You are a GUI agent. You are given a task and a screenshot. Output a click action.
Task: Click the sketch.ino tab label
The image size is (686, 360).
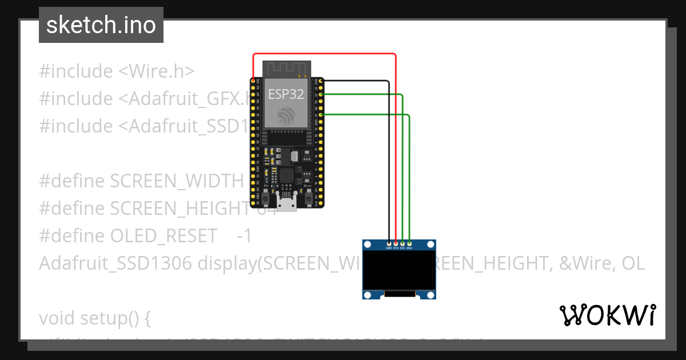tap(101, 25)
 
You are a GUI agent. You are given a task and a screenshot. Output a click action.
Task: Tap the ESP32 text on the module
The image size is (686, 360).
tap(286, 94)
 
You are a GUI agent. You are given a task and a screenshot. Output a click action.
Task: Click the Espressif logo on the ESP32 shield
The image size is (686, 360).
tap(286, 115)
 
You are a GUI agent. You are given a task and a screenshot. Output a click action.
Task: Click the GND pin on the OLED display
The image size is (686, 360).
tap(389, 244)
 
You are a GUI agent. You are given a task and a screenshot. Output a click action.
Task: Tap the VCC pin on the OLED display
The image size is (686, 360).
tap(396, 244)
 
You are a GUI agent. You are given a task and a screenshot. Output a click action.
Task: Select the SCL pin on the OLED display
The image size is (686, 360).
tap(403, 244)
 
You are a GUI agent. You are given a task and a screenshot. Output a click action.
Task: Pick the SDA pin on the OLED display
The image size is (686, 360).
tap(409, 244)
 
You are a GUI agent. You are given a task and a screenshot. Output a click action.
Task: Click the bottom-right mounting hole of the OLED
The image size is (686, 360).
tap(430, 295)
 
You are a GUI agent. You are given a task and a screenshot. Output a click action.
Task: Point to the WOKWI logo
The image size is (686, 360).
tap(607, 315)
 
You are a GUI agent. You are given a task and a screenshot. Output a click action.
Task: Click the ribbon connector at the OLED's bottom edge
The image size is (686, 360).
tap(400, 294)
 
